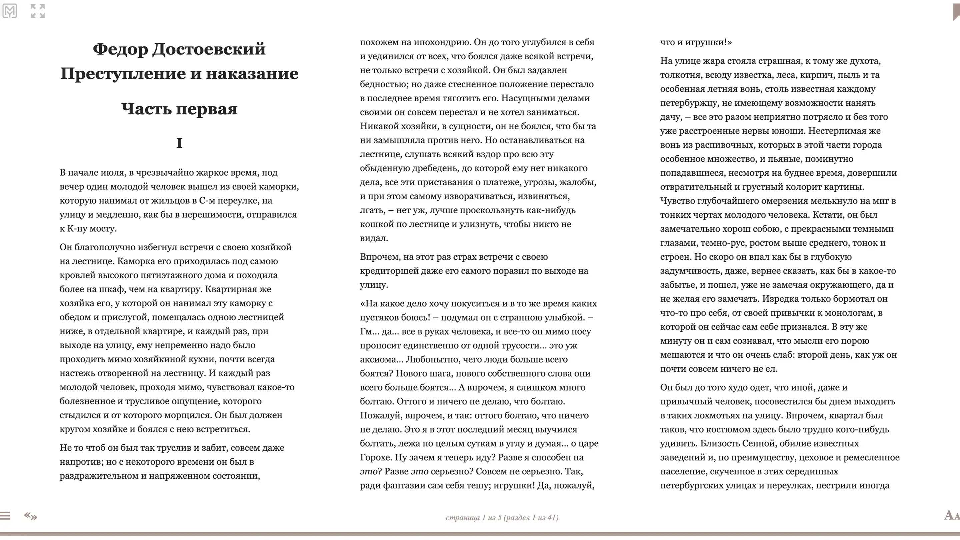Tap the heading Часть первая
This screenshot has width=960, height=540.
(x=179, y=109)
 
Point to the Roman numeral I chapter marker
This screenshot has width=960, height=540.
(x=179, y=143)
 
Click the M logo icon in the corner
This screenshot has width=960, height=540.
(x=9, y=11)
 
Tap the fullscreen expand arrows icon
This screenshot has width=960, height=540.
(x=38, y=11)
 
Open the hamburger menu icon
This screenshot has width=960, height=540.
(x=5, y=516)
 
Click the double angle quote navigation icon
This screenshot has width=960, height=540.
(x=31, y=516)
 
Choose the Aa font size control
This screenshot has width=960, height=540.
(x=951, y=515)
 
